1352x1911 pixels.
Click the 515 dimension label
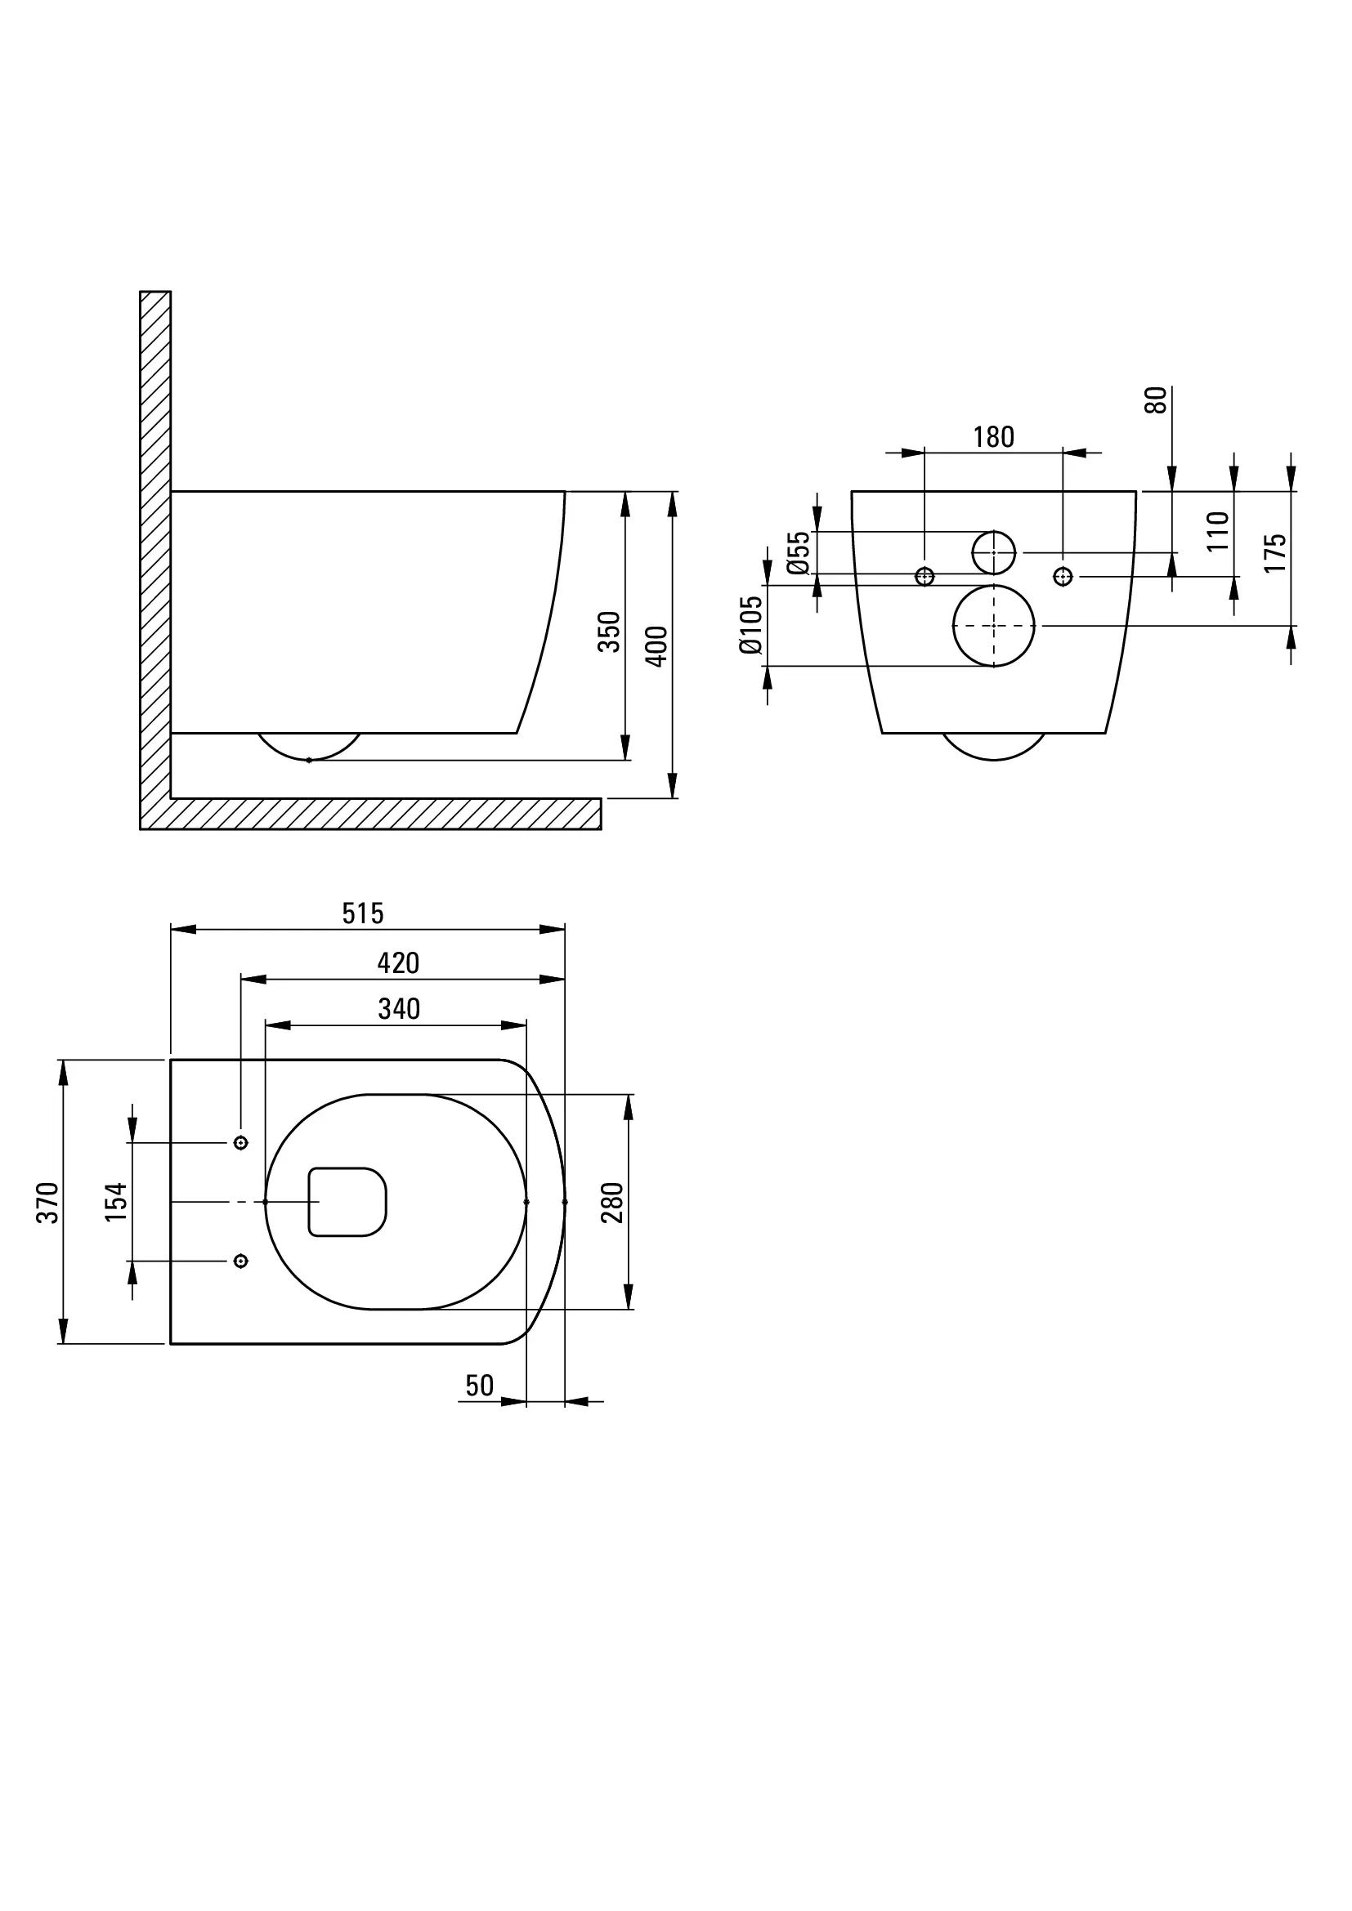click(x=363, y=914)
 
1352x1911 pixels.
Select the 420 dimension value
click(x=398, y=963)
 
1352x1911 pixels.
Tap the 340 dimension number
click(x=399, y=1009)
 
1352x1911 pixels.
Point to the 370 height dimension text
click(x=47, y=1203)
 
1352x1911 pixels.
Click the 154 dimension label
click(x=116, y=1202)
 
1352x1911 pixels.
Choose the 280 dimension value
click(x=612, y=1203)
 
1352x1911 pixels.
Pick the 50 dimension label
click(x=480, y=1385)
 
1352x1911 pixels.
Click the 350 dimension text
click(x=610, y=632)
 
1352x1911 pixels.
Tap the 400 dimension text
click(x=657, y=646)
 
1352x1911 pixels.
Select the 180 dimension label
click(x=993, y=437)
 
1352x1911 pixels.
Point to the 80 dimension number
click(x=1157, y=400)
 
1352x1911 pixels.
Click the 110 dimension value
click(x=1217, y=531)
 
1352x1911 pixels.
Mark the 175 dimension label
click(x=1274, y=552)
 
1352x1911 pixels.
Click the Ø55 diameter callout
click(x=798, y=552)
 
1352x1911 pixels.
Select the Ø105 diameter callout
click(x=751, y=625)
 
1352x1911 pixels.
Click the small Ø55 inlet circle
click(x=994, y=551)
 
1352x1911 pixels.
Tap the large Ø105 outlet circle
click(x=994, y=626)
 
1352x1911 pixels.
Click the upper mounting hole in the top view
click(x=241, y=1143)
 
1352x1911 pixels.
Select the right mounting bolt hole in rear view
click(x=1063, y=576)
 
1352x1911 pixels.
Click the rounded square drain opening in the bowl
click(x=348, y=1202)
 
